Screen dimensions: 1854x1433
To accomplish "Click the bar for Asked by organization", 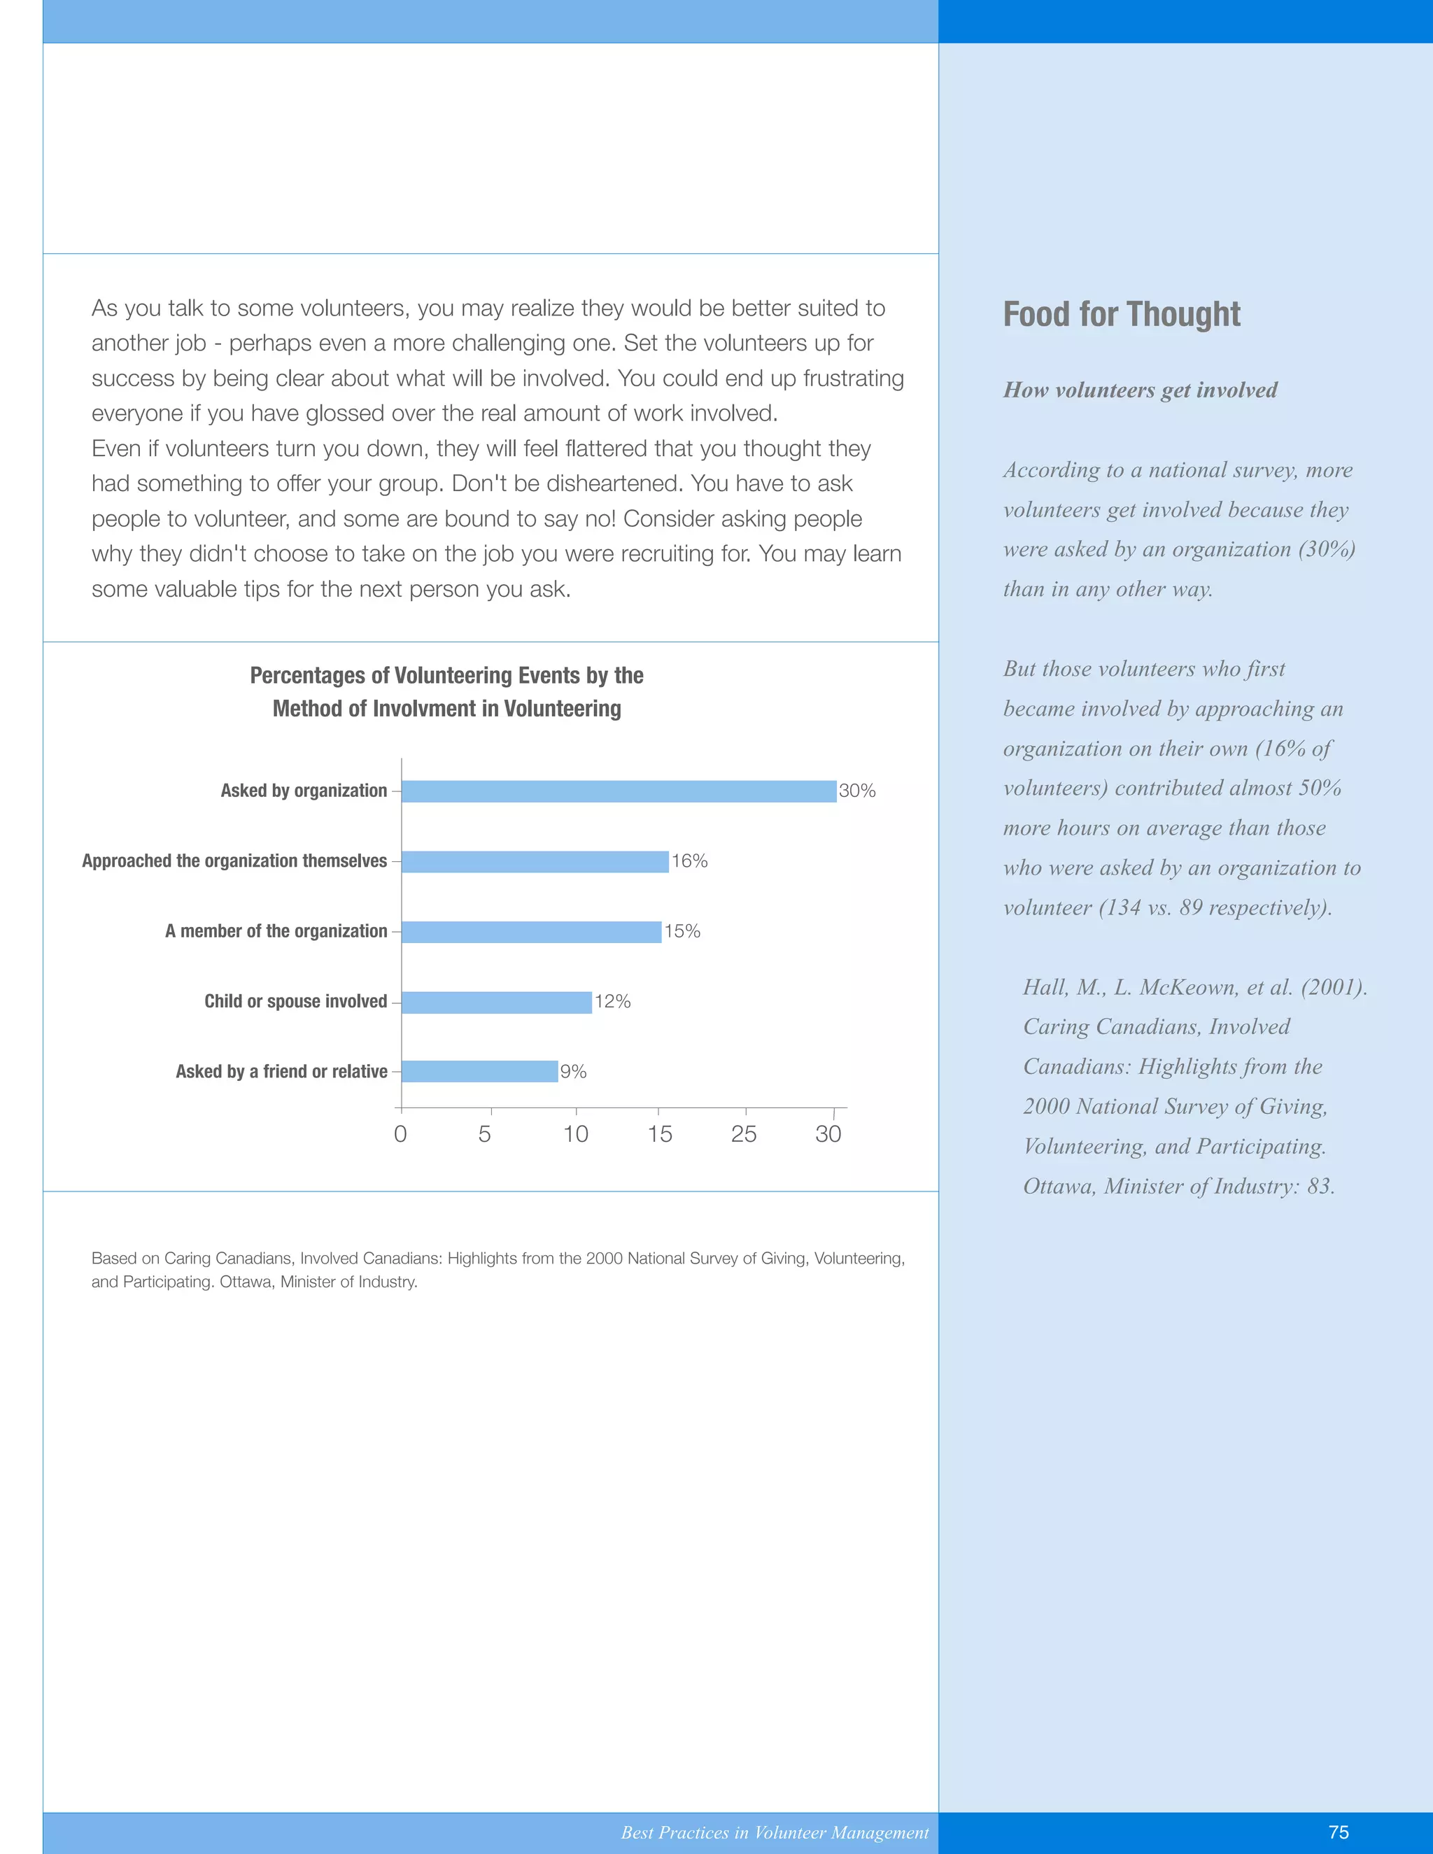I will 619,791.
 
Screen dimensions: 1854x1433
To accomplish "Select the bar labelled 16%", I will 535,862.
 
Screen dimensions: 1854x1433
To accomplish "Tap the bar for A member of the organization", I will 532,932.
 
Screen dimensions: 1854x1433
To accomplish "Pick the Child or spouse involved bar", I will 497,1003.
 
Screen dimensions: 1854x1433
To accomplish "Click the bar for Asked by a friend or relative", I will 479,1071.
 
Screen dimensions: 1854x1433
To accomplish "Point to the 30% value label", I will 856,791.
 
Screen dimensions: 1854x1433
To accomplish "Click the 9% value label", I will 573,1072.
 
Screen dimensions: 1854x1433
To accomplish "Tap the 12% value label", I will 612,1002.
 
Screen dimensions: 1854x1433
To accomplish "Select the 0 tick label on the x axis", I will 401,1134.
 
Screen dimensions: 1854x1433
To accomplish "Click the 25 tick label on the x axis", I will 744,1134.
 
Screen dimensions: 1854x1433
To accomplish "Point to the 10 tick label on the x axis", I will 576,1134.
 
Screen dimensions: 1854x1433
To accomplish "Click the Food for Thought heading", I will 1122,314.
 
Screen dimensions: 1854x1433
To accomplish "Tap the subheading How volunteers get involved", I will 1140,390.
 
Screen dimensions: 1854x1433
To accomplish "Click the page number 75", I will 1339,1832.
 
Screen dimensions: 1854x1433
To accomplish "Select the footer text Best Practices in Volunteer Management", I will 775,1833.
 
